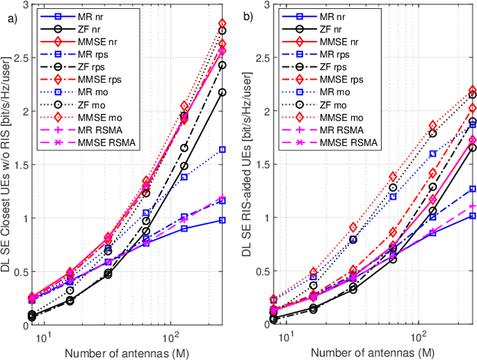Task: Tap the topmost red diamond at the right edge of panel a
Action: (x=222, y=23)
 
